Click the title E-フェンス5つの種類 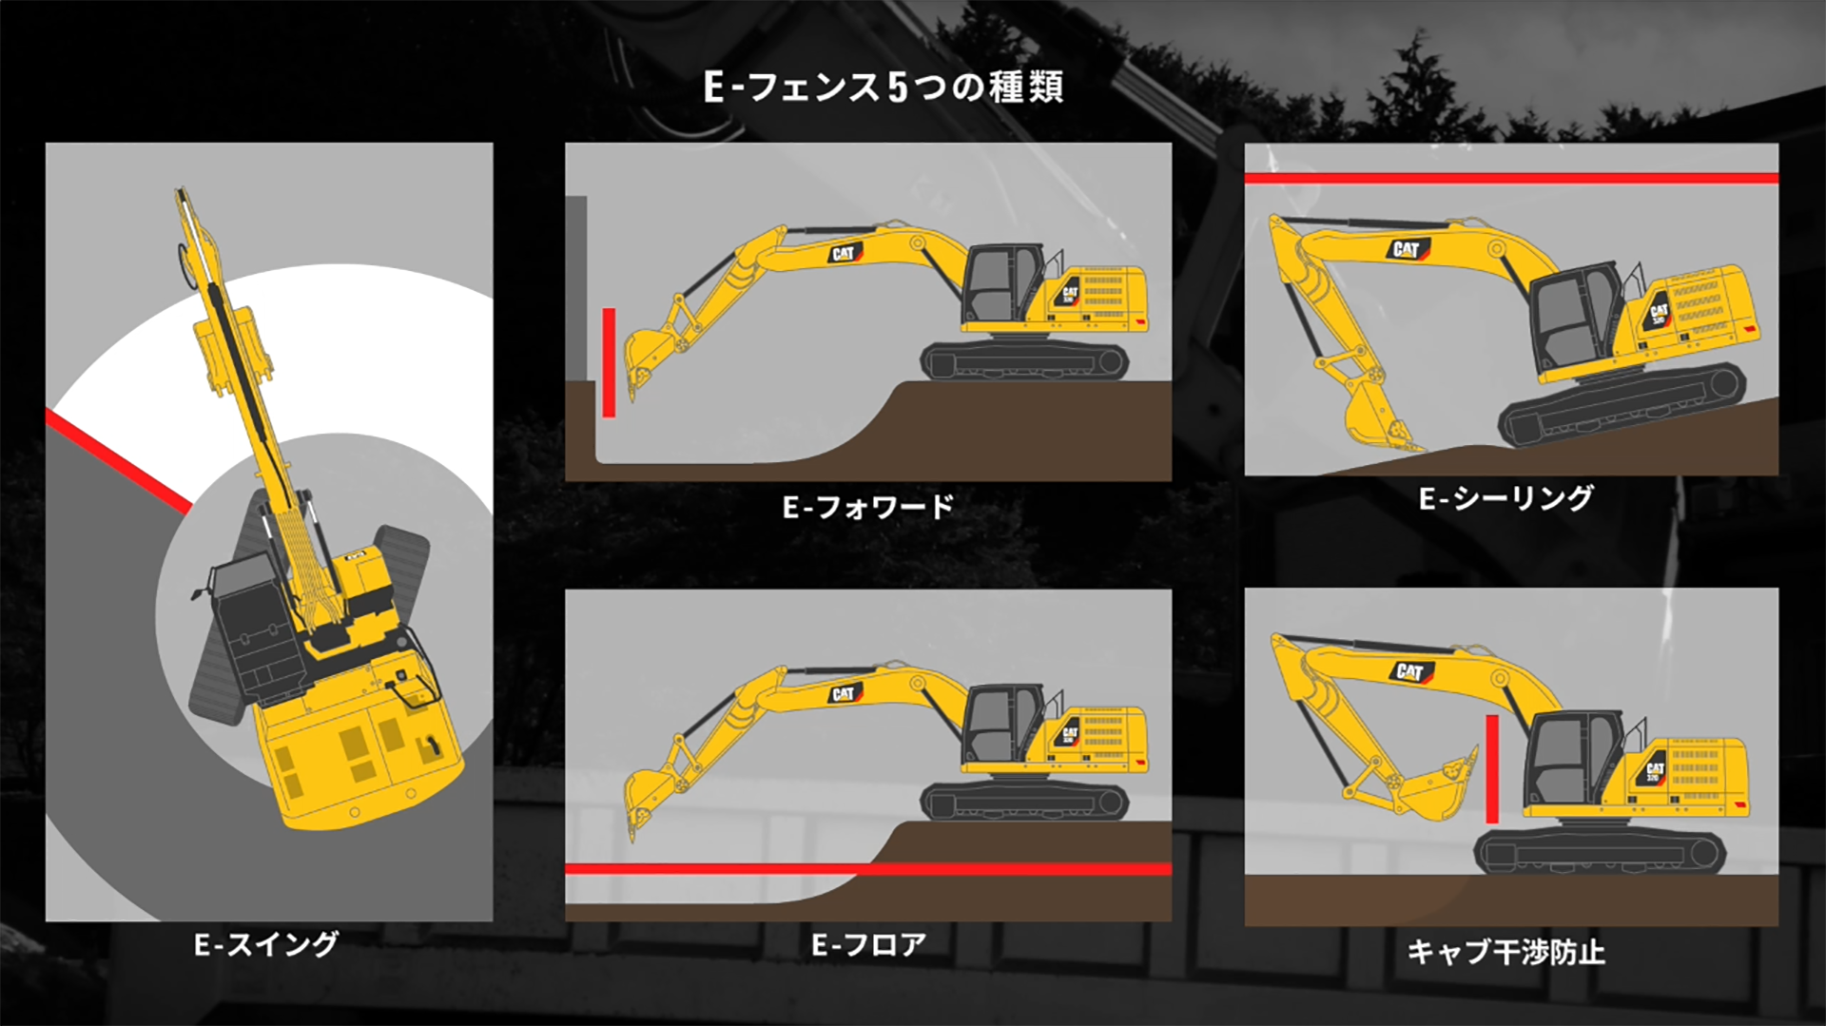pyautogui.click(x=883, y=87)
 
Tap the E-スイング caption pyautogui.click(x=266, y=944)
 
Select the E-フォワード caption pyautogui.click(x=867, y=507)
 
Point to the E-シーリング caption pyautogui.click(x=1505, y=498)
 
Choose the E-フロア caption pyautogui.click(x=868, y=944)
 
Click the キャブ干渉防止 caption pyautogui.click(x=1506, y=952)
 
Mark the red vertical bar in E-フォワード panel pyautogui.click(x=609, y=362)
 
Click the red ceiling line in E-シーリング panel pyautogui.click(x=1511, y=178)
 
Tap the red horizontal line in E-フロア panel pyautogui.click(x=868, y=869)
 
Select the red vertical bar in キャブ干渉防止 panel pyautogui.click(x=1492, y=769)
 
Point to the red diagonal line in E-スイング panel pyautogui.click(x=118, y=461)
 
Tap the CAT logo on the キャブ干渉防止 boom pyautogui.click(x=1410, y=672)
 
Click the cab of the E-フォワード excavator pyautogui.click(x=1000, y=282)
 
